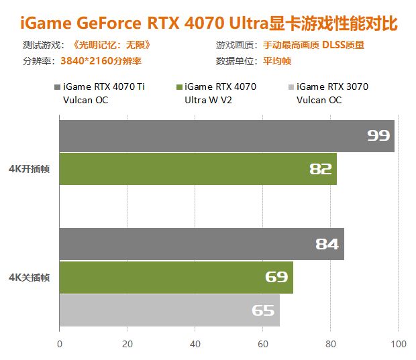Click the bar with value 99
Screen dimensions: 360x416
(227, 136)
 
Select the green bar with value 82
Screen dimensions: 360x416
(198, 169)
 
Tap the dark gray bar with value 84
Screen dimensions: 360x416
(201, 244)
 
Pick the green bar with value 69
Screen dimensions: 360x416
(176, 277)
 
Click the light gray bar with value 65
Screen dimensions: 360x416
(169, 310)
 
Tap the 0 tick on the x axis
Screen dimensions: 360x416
(60, 344)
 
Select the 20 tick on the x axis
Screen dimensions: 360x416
(127, 344)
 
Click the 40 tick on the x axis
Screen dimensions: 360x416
(195, 344)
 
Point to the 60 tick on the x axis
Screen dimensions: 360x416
(263, 344)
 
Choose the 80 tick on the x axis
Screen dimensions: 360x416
(331, 344)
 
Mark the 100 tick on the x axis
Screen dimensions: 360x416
(398, 344)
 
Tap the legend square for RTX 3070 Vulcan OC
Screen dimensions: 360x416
(290, 87)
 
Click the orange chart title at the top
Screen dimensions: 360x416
(209, 23)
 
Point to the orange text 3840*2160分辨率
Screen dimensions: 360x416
(101, 60)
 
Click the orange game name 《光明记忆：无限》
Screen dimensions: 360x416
(111, 46)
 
